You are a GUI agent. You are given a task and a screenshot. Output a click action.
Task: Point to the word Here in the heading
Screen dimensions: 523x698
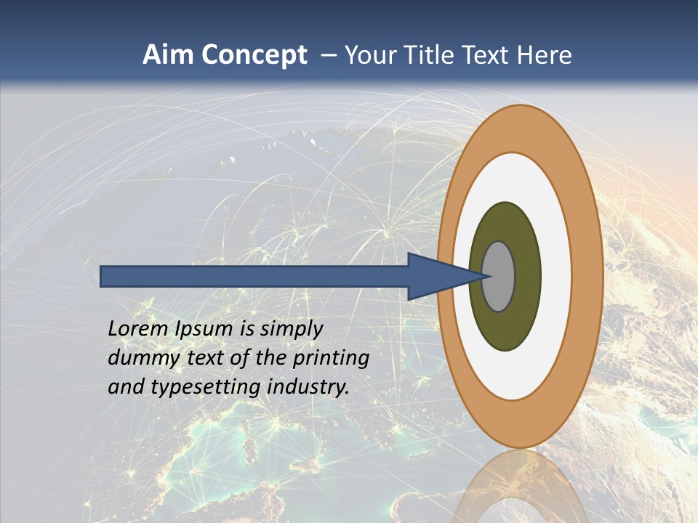point(545,55)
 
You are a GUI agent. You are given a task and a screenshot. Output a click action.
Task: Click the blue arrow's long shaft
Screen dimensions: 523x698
point(254,277)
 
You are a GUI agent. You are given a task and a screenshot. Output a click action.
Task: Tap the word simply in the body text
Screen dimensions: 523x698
point(290,330)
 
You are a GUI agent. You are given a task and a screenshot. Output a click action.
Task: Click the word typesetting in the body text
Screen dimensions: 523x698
point(206,388)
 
